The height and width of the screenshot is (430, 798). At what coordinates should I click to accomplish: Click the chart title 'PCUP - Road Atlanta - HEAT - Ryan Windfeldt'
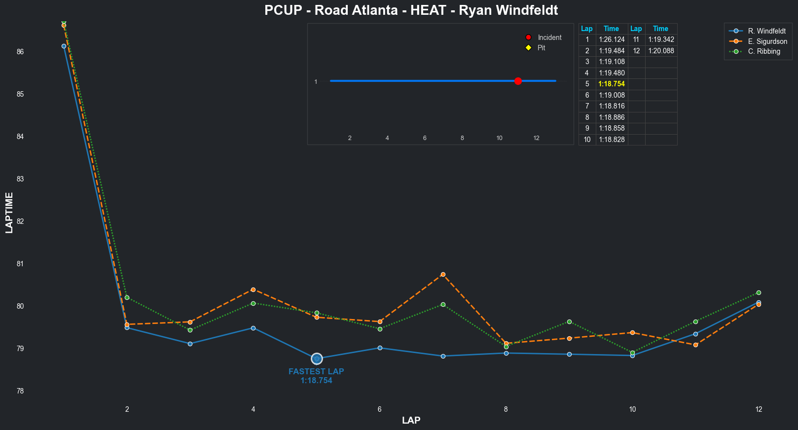tap(411, 10)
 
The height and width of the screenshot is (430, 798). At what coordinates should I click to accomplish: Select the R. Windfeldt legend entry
tap(766, 31)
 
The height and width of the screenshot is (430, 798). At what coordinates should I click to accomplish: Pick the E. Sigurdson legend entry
tap(767, 41)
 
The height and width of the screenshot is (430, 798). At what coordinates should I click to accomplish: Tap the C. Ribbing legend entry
tap(763, 51)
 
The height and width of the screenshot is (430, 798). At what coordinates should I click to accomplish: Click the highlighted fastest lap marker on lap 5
tap(317, 358)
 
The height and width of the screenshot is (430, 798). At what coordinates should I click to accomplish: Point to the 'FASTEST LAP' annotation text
tap(316, 372)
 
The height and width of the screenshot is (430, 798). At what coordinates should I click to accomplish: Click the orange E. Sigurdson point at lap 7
tap(443, 274)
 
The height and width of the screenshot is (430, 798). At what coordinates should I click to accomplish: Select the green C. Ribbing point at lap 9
tap(569, 322)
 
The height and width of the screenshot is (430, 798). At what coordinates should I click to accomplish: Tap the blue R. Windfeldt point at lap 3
tap(190, 344)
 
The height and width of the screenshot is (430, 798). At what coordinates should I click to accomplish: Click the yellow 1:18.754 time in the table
tap(612, 84)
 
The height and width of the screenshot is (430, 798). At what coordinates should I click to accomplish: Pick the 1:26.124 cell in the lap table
tap(612, 39)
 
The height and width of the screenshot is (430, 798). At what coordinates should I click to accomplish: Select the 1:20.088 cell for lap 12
tap(661, 51)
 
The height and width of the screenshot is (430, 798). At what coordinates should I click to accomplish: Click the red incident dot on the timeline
tap(518, 81)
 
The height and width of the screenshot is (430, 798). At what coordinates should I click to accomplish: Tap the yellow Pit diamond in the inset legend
tap(528, 48)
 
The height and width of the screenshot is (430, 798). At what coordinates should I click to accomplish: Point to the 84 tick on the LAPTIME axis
tap(20, 137)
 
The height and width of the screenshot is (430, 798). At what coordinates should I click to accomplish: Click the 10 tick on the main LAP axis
tap(632, 409)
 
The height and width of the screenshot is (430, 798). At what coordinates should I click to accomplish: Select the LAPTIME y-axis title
tap(9, 213)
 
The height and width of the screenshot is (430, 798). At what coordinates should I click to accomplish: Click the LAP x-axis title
tap(411, 421)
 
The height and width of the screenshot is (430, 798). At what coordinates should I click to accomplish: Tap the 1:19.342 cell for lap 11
tap(661, 39)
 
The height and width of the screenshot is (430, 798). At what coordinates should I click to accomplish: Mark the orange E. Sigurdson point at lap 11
tap(695, 345)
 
